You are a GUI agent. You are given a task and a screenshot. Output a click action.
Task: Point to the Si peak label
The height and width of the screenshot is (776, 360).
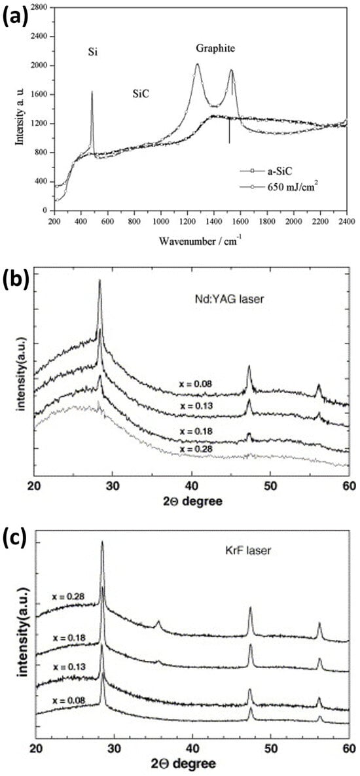pos(94,50)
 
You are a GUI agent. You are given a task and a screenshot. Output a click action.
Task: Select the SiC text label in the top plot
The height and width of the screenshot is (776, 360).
pos(140,94)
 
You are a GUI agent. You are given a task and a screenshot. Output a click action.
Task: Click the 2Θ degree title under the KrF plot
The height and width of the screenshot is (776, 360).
pos(185,764)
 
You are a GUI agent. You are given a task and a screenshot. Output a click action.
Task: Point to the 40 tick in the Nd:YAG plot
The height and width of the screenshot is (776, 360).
pos(192,485)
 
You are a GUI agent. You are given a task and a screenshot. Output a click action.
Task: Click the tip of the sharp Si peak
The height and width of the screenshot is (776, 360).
pos(92,92)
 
